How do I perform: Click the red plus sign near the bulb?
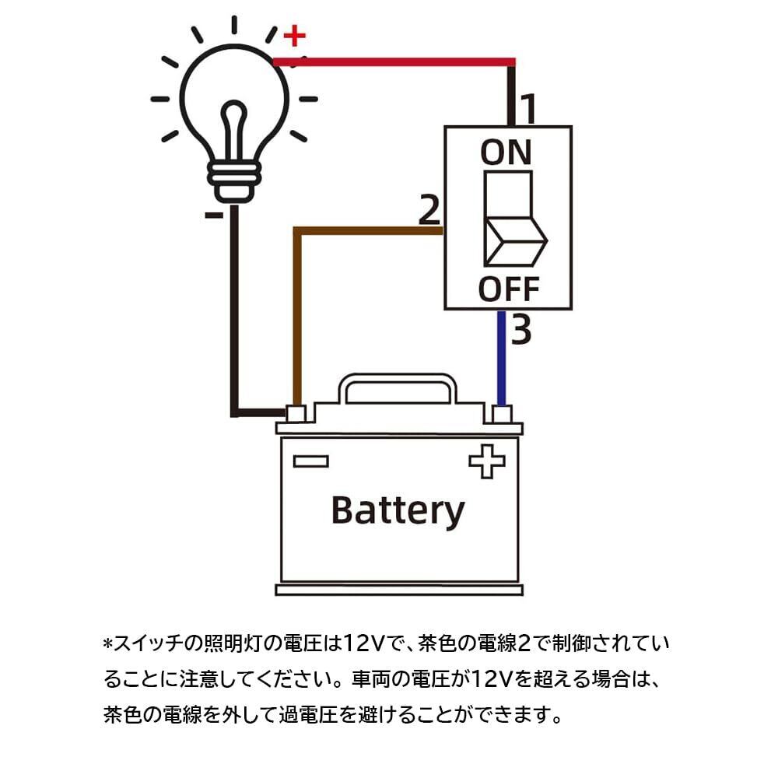point(294,36)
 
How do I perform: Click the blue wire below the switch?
point(502,358)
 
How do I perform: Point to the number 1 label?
point(527,110)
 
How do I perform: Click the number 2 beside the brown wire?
point(429,210)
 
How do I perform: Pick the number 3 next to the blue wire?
point(521,330)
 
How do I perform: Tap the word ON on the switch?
point(506,152)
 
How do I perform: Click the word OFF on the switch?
point(508,289)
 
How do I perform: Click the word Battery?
point(398,510)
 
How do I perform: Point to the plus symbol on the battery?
point(487,461)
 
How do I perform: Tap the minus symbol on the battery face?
point(310,461)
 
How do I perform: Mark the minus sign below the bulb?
point(216,214)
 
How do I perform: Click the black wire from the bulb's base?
point(233,311)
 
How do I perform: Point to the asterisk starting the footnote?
point(108,645)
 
